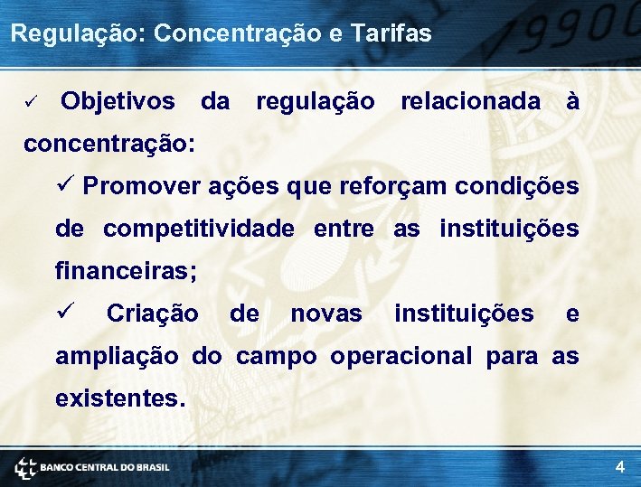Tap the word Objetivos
[118, 101]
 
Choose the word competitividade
[199, 229]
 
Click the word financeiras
[125, 270]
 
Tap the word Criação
[152, 314]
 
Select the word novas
[325, 314]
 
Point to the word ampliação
[117, 356]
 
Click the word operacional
[401, 356]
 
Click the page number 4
[619, 467]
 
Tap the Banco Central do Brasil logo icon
[25, 467]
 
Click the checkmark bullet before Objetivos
[30, 102]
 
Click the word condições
[516, 186]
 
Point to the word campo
[277, 356]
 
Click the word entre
[344, 229]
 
